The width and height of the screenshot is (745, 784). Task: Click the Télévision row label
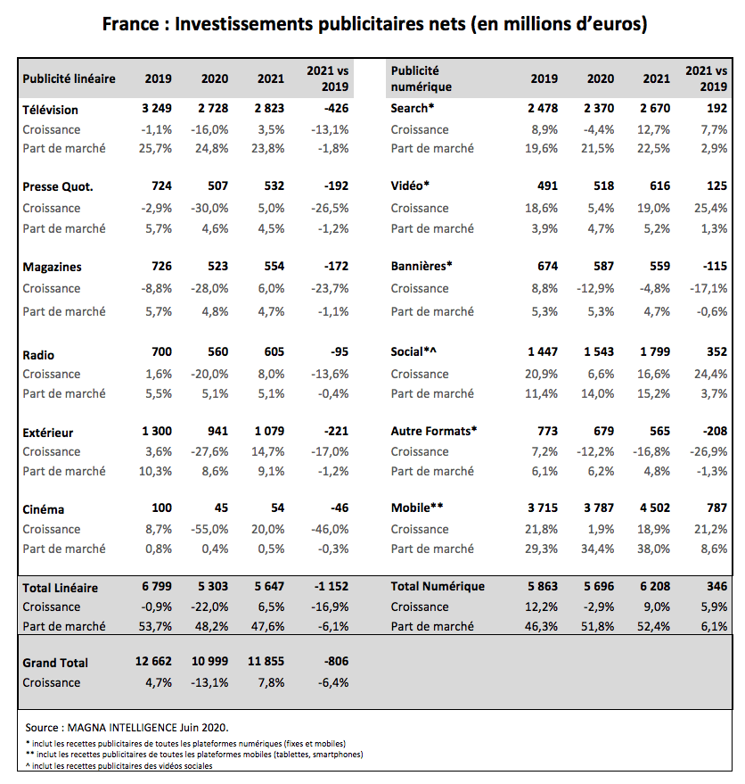[x=50, y=110]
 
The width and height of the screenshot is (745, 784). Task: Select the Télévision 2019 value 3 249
[x=157, y=109]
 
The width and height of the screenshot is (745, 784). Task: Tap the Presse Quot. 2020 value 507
[x=215, y=187]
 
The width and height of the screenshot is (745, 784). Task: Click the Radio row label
[x=38, y=355]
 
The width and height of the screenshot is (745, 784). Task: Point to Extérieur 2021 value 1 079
[x=268, y=432]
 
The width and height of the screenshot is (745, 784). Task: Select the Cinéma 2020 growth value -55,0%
[x=210, y=529]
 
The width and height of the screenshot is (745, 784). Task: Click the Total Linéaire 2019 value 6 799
[x=157, y=587]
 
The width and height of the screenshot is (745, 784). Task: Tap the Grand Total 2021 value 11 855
[x=265, y=663]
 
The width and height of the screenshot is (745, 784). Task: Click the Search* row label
[x=413, y=109]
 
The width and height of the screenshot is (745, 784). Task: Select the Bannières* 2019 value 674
[x=544, y=266]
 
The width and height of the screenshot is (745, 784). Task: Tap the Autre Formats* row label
[x=434, y=431]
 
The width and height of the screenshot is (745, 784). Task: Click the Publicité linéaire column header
[x=69, y=78]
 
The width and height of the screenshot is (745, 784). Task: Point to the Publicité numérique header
[x=422, y=78]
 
